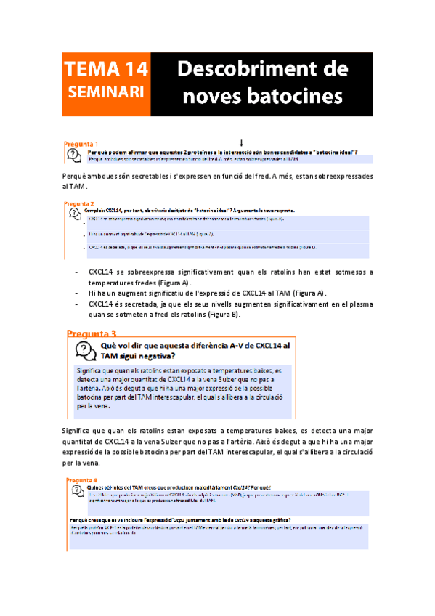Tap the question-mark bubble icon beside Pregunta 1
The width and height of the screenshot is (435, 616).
click(x=74, y=153)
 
